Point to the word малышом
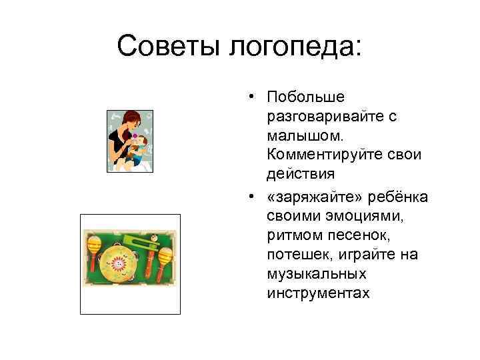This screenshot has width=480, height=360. tap(305, 136)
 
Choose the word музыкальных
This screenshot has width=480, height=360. tap(311, 275)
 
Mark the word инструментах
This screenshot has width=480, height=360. tap(317, 294)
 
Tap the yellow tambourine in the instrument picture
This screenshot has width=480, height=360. tap(120, 263)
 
